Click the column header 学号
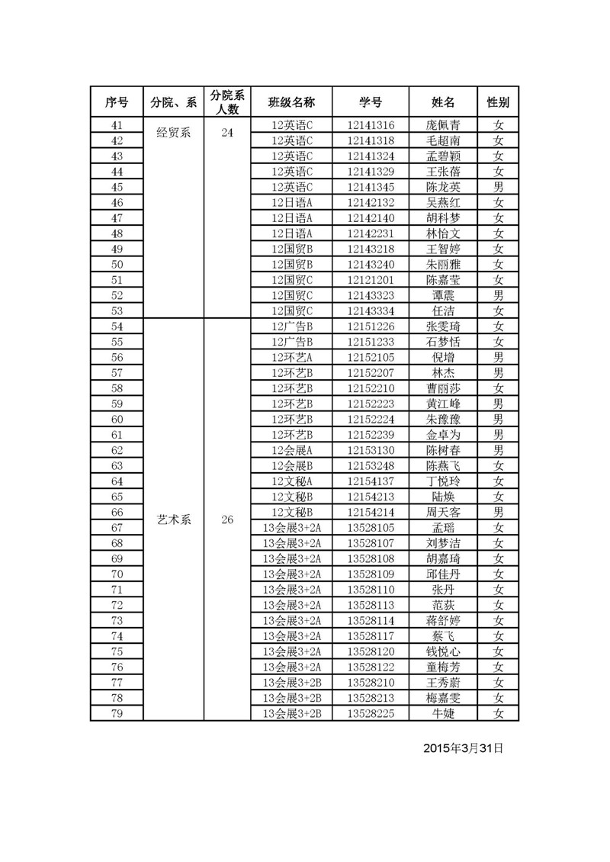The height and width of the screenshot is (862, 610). [371, 102]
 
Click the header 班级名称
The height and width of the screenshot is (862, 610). [292, 102]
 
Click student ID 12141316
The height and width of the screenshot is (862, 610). [371, 125]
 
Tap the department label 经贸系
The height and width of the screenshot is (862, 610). [174, 133]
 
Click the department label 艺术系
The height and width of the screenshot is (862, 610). [174, 520]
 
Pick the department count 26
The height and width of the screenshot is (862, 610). [227, 520]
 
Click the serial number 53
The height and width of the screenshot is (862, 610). [117, 310]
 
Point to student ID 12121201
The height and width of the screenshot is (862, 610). [371, 280]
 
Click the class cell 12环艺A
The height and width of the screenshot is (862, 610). [292, 357]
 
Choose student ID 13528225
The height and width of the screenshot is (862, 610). [371, 713]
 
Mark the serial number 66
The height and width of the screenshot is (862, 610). [117, 512]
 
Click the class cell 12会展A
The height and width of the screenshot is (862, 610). [292, 450]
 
